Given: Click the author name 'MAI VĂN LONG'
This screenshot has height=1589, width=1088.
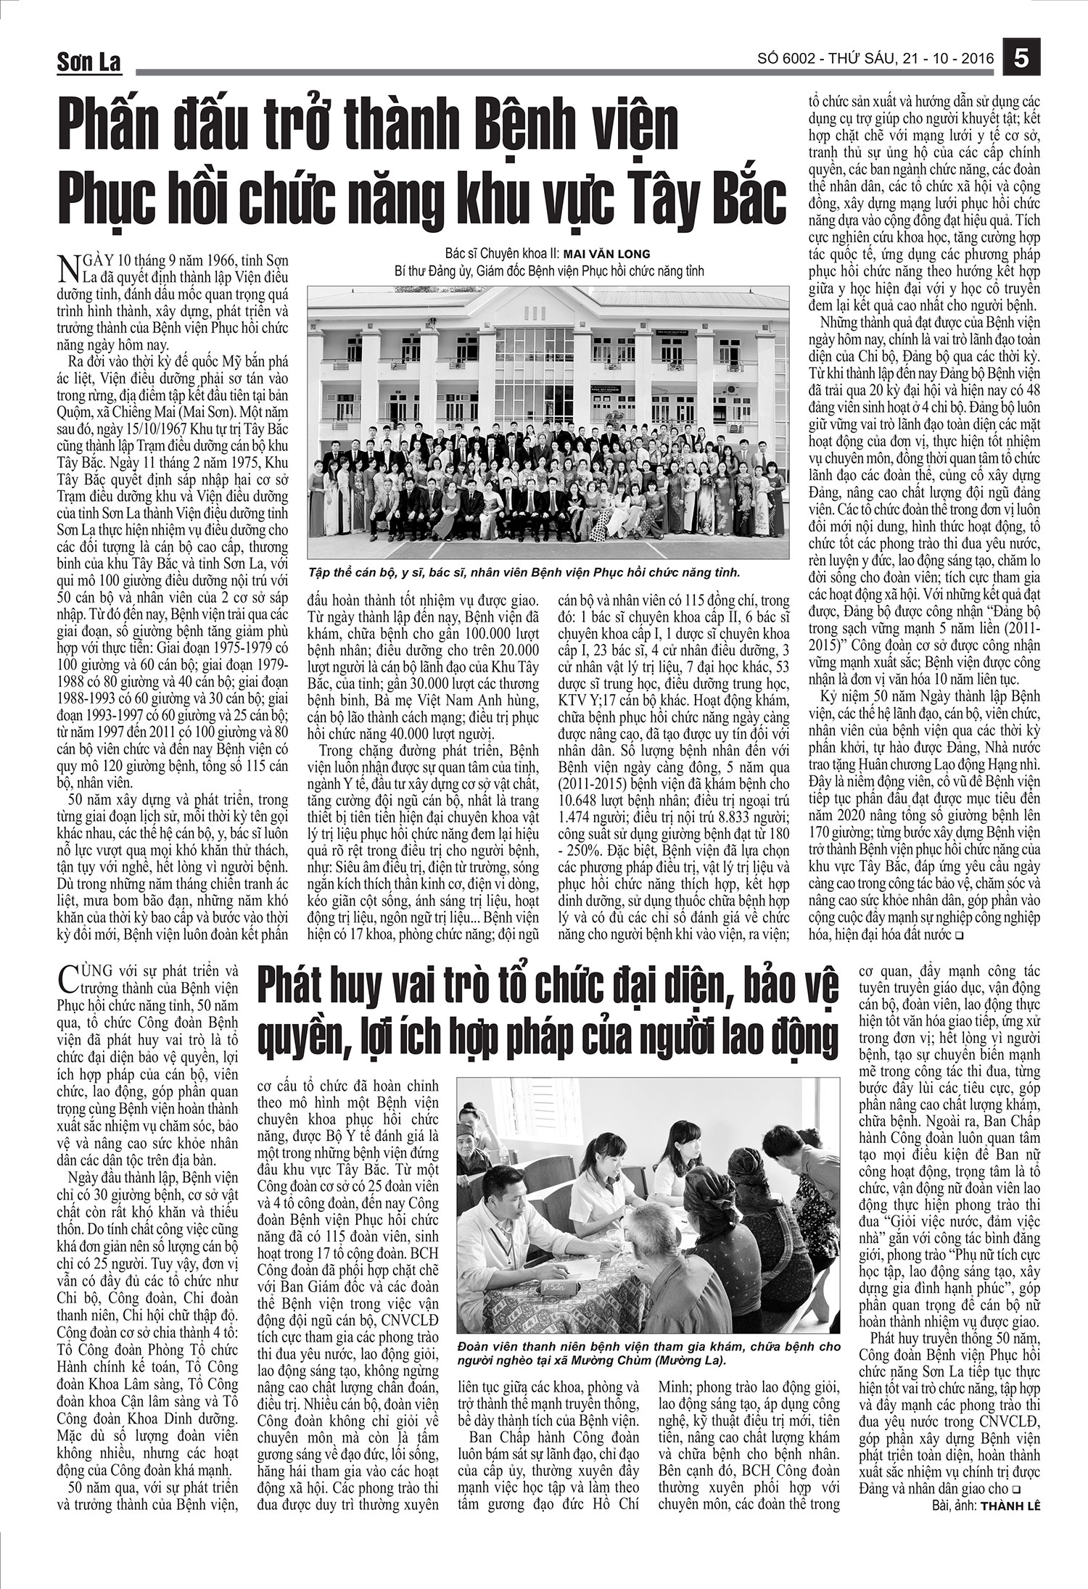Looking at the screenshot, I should (x=614, y=254).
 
